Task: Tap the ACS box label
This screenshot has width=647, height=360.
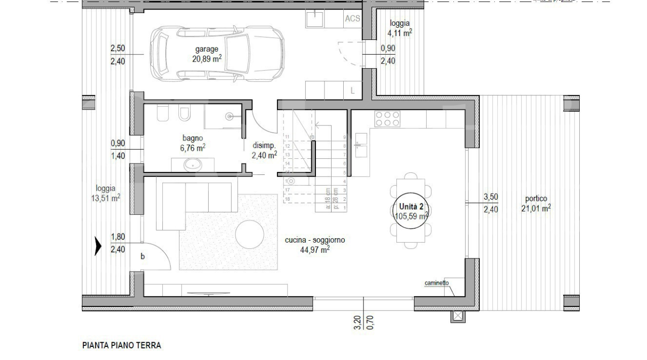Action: tap(352, 19)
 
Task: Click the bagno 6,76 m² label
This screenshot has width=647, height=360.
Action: tap(193, 143)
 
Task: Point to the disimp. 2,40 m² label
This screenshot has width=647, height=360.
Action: tap(264, 150)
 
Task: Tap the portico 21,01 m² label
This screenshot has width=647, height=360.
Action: tap(536, 203)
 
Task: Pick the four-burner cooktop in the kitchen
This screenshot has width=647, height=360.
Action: tap(388, 119)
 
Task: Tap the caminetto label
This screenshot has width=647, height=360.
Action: tap(437, 283)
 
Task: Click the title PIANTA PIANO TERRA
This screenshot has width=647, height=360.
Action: tap(121, 346)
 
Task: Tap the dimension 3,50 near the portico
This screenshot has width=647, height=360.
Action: tap(491, 197)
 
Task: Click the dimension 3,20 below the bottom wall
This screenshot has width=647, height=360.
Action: tap(357, 323)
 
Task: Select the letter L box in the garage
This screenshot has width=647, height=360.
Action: tap(352, 91)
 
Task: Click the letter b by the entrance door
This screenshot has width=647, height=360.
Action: tap(143, 257)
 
